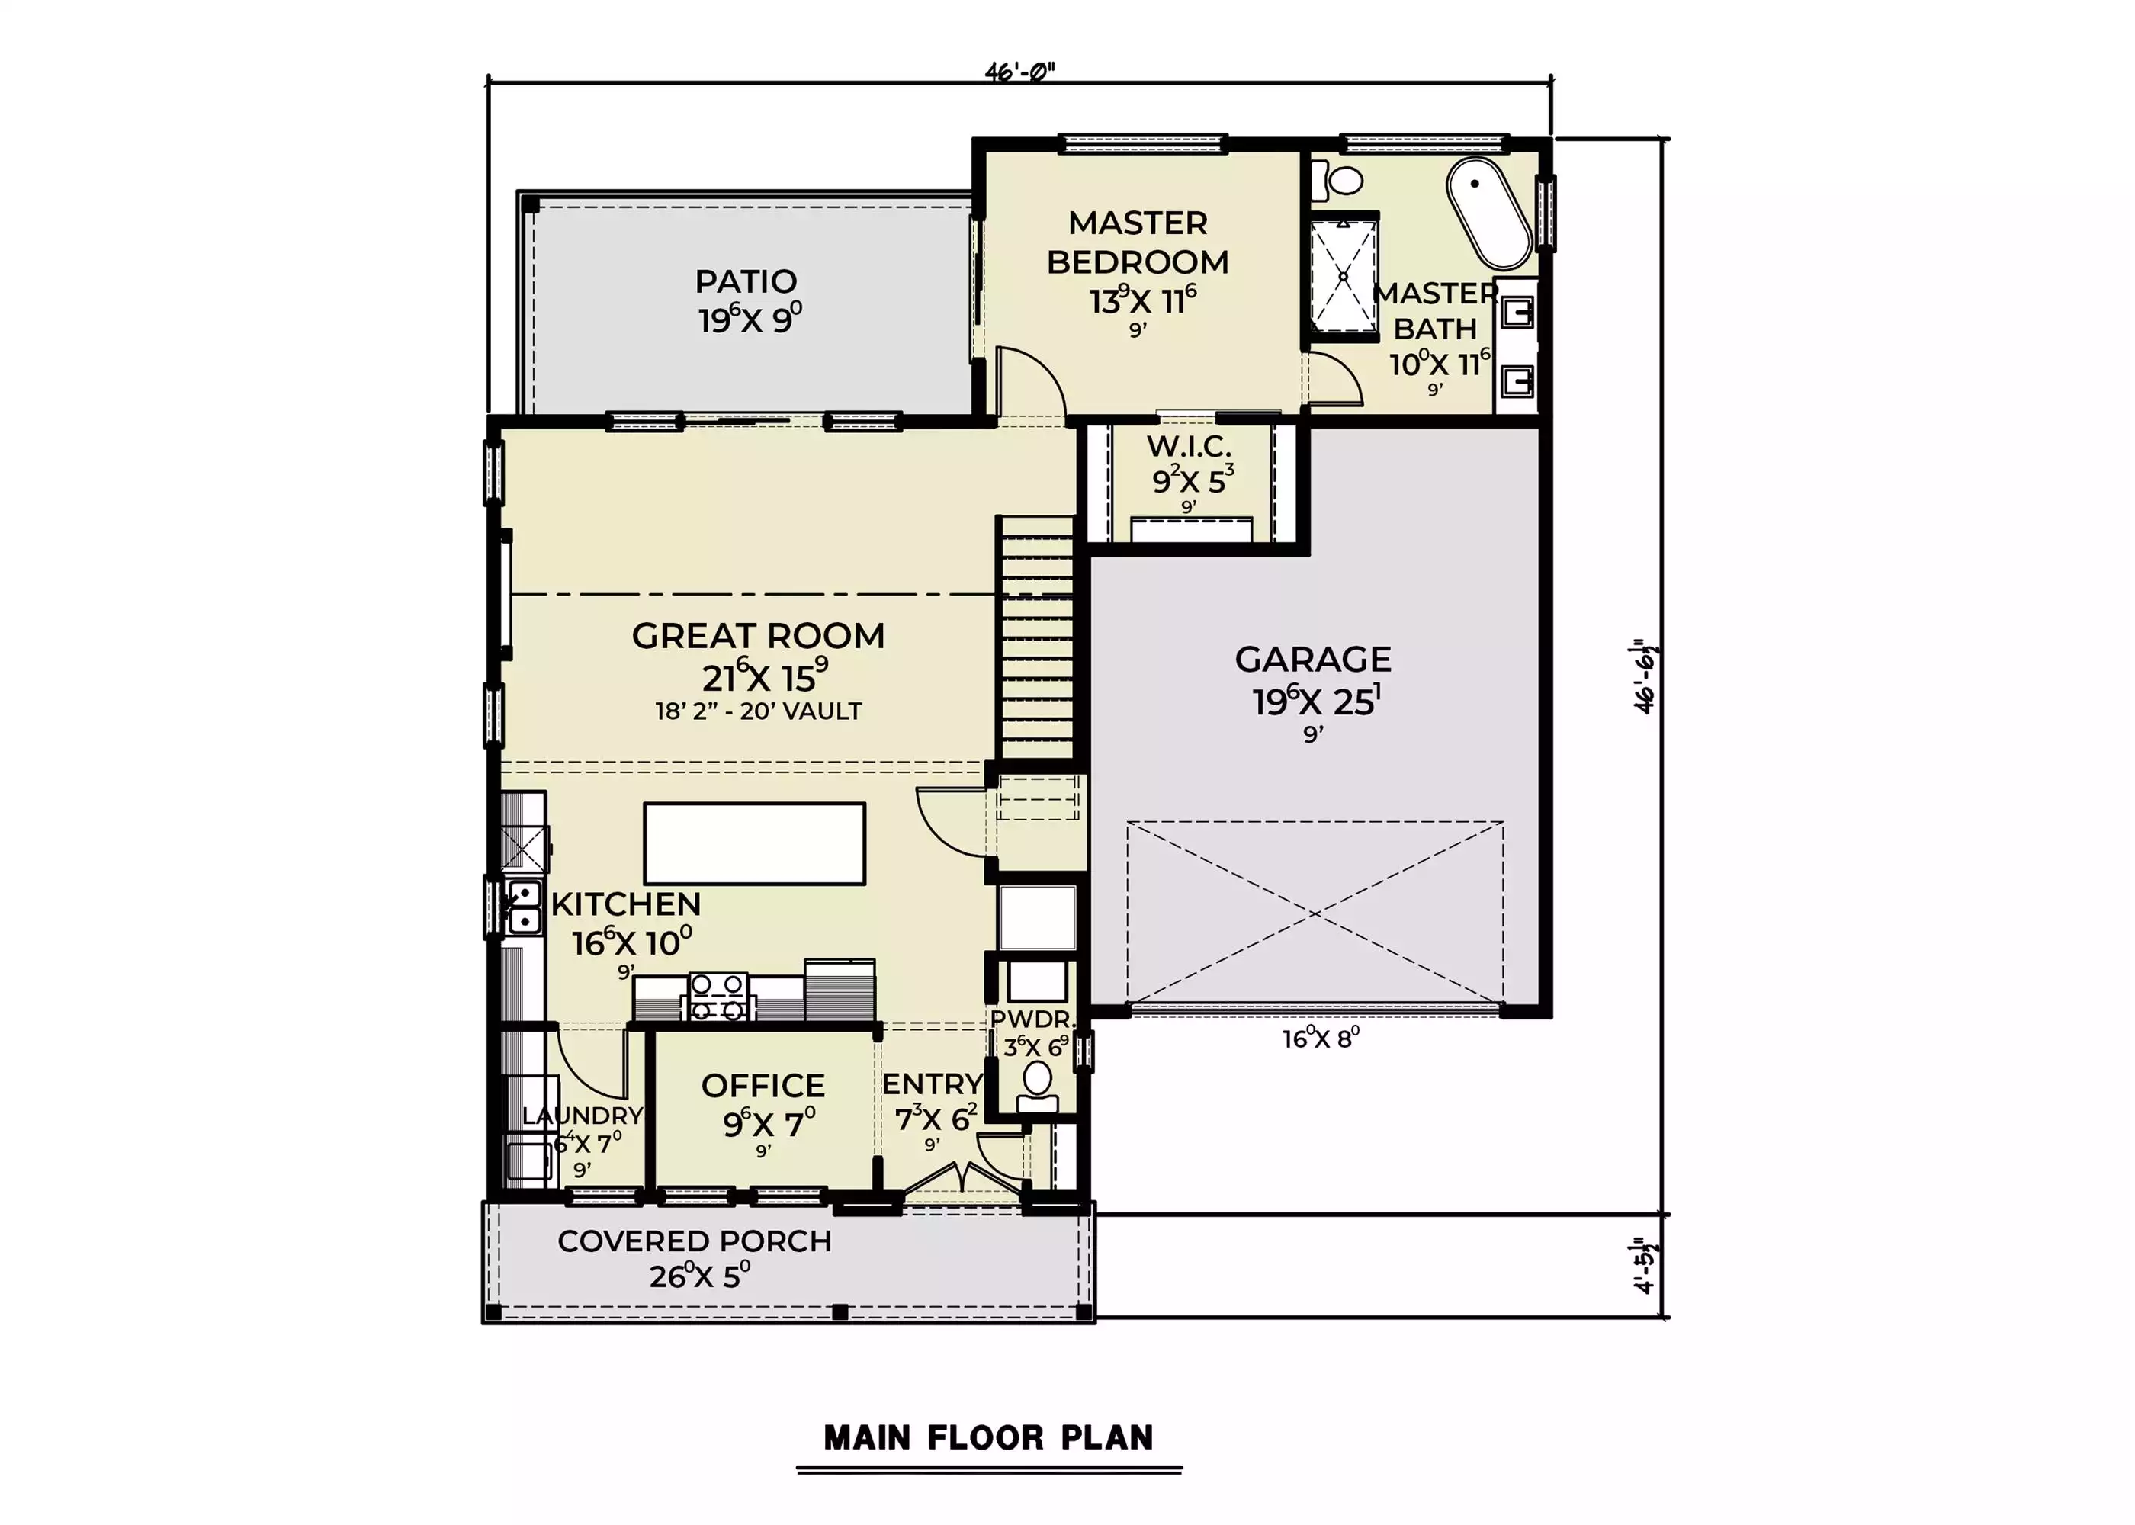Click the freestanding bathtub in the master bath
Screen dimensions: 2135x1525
point(1489,213)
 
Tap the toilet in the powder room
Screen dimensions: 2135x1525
point(1038,1087)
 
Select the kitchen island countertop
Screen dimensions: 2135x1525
point(754,843)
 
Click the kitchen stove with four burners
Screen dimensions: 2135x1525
point(719,997)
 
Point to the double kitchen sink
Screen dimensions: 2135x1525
point(523,907)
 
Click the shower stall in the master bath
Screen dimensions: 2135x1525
point(1344,275)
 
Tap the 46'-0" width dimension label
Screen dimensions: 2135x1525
point(1019,72)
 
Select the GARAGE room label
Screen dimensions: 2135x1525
point(1312,660)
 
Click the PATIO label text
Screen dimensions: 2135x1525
point(746,281)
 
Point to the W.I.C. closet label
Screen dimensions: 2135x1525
point(1189,446)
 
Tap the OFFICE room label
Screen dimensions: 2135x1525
point(762,1086)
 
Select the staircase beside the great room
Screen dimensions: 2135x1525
point(1035,637)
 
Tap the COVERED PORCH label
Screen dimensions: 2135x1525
point(695,1241)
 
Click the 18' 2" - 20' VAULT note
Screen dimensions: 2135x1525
point(759,711)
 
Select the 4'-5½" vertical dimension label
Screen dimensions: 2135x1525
point(1644,1266)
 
